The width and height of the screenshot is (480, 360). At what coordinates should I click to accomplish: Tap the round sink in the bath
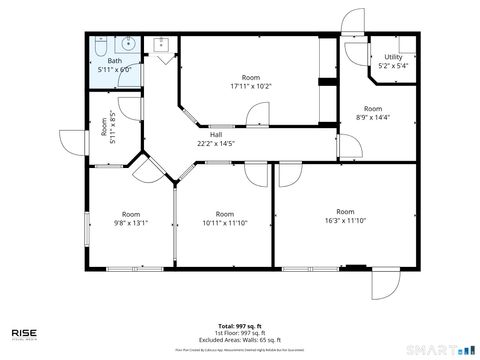[x=127, y=44]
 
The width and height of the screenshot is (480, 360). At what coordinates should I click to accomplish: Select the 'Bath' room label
[x=115, y=61]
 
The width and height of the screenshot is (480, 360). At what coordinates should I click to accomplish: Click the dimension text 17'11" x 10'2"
[x=250, y=86]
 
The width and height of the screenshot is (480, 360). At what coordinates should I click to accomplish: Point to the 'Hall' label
[x=216, y=135]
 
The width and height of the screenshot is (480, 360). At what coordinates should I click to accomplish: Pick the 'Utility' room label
[x=392, y=58]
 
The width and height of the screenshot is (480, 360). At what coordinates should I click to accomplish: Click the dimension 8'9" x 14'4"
[x=373, y=117]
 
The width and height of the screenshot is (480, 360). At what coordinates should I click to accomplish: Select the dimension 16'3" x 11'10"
[x=345, y=220]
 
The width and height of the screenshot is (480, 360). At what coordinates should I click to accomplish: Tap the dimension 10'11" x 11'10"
[x=225, y=222]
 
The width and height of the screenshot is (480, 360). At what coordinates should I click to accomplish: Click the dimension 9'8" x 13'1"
[x=131, y=222]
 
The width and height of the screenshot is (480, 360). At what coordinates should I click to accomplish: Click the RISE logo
[x=26, y=334]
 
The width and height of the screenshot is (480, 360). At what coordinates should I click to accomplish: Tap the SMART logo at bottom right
[x=444, y=349]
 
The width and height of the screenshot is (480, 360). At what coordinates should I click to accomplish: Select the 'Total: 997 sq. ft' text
[x=240, y=326]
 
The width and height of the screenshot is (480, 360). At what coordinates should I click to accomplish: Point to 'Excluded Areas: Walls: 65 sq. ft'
[x=240, y=340]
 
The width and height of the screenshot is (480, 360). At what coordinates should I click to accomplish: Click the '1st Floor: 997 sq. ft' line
[x=240, y=333]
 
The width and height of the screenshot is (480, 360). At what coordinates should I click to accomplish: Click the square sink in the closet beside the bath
[x=161, y=44]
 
